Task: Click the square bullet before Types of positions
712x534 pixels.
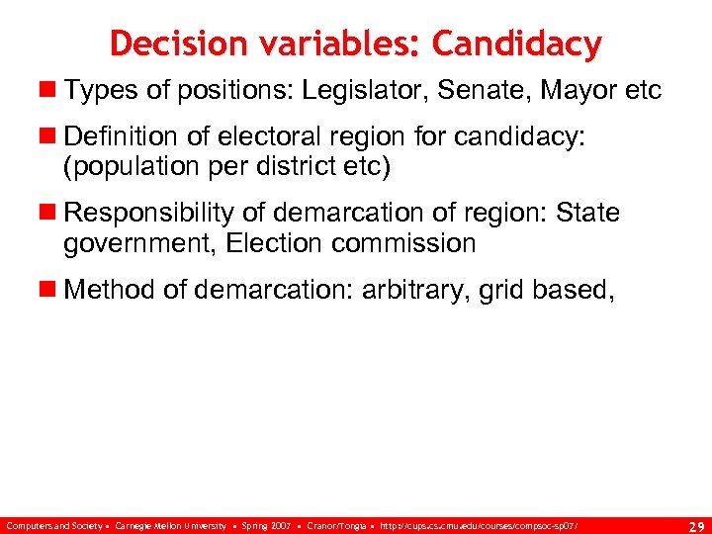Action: click(x=49, y=91)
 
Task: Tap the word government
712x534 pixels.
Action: click(x=136, y=241)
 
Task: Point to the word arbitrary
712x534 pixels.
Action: click(x=417, y=290)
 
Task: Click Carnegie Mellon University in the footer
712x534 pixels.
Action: click(x=170, y=525)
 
